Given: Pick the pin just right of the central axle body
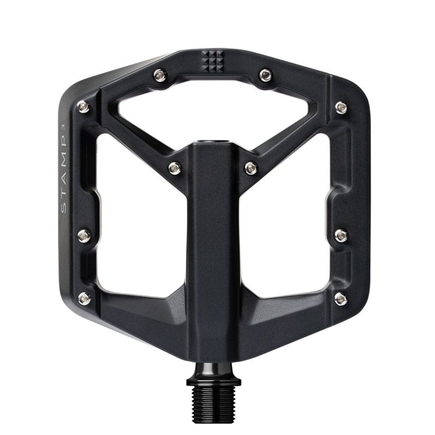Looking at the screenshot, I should [251, 167].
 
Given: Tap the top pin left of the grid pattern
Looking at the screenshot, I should [160, 76].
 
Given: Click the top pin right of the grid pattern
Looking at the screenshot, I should [265, 75].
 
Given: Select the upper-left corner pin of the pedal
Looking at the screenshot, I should [84, 106].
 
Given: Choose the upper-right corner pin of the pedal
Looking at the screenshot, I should [341, 107].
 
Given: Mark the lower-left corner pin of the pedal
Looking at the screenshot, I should [84, 298].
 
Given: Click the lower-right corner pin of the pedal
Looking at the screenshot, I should [341, 298].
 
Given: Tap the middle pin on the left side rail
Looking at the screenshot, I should [84, 236].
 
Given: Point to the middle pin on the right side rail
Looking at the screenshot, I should [341, 235].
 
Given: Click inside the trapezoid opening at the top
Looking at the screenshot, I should [213, 109].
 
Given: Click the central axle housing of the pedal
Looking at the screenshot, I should [213, 244].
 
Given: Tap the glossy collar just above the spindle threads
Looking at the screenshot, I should [214, 380].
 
